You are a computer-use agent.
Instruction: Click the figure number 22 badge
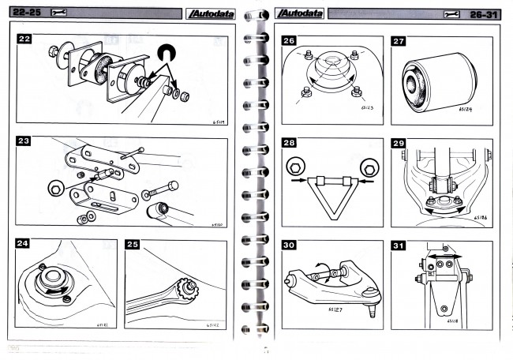pos(24,39)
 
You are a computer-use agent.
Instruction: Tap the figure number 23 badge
pos(24,143)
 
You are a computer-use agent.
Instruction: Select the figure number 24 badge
pos(24,245)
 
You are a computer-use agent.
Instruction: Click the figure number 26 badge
pos(289,41)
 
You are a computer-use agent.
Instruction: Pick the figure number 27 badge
pos(399,41)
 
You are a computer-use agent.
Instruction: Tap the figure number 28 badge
pos(289,144)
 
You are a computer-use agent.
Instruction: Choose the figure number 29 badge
pos(399,144)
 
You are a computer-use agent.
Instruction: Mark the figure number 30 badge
pos(289,246)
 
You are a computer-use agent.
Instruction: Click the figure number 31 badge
pos(399,246)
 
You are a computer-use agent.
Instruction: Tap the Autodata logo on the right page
pos(300,13)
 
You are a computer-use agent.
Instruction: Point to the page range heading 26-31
pos(485,13)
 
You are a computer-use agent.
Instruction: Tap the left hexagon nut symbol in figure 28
pos(294,167)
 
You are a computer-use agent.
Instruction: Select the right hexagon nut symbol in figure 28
pos(367,167)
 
